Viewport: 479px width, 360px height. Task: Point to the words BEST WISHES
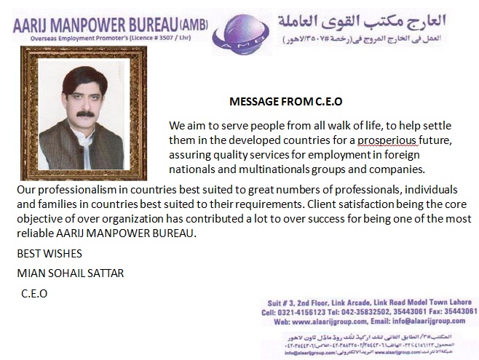[50, 254]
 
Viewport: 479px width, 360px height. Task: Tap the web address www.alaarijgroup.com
[332, 320]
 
